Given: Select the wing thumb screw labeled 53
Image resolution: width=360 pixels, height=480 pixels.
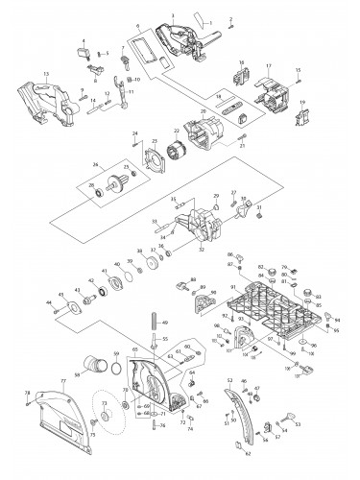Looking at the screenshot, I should pos(289,419).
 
